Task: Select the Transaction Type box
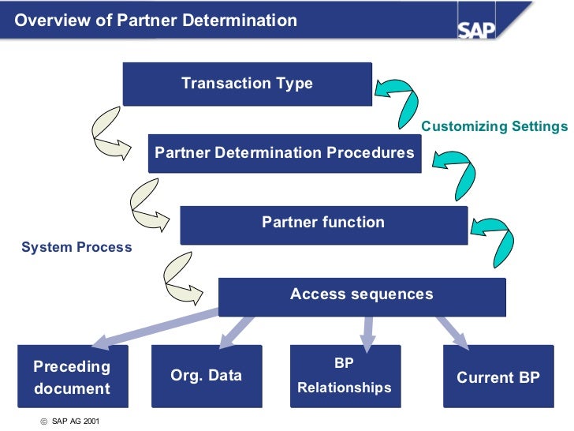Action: [247, 84]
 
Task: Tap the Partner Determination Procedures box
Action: [285, 153]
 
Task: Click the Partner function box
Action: [323, 223]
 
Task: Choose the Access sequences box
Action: [361, 295]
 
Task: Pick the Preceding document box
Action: [72, 377]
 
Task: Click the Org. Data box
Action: [206, 376]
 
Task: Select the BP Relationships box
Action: [345, 377]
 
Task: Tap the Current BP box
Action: [498, 377]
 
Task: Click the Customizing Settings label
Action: [494, 126]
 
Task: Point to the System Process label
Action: [76, 247]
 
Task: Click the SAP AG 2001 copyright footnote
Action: [70, 421]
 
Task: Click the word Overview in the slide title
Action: [50, 21]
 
